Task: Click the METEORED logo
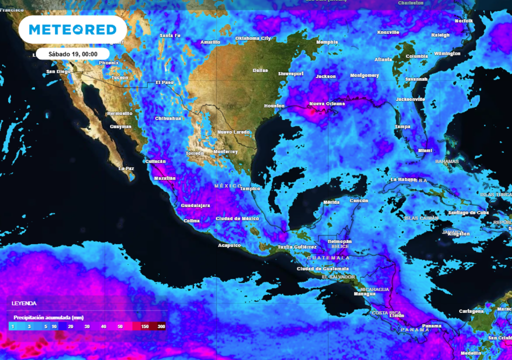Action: [x=73, y=29]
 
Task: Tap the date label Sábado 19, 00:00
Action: [x=72, y=54]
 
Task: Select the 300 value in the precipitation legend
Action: [x=161, y=326]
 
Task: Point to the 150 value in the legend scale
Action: [x=144, y=326]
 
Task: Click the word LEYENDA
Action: [x=24, y=303]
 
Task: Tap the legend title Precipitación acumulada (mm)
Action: [x=48, y=317]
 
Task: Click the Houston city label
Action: [x=274, y=106]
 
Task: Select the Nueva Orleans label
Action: [x=327, y=103]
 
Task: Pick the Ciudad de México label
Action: [x=237, y=219]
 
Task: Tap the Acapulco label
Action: [x=229, y=245]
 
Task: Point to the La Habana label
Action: [x=403, y=179]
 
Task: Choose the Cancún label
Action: [x=359, y=200]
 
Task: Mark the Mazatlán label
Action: [x=165, y=178]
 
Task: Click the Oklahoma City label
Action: [x=253, y=38]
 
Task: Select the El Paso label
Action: [x=164, y=82]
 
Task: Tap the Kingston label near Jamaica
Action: [x=459, y=234]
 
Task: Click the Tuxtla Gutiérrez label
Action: [x=297, y=247]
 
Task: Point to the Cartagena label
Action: [x=471, y=311]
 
